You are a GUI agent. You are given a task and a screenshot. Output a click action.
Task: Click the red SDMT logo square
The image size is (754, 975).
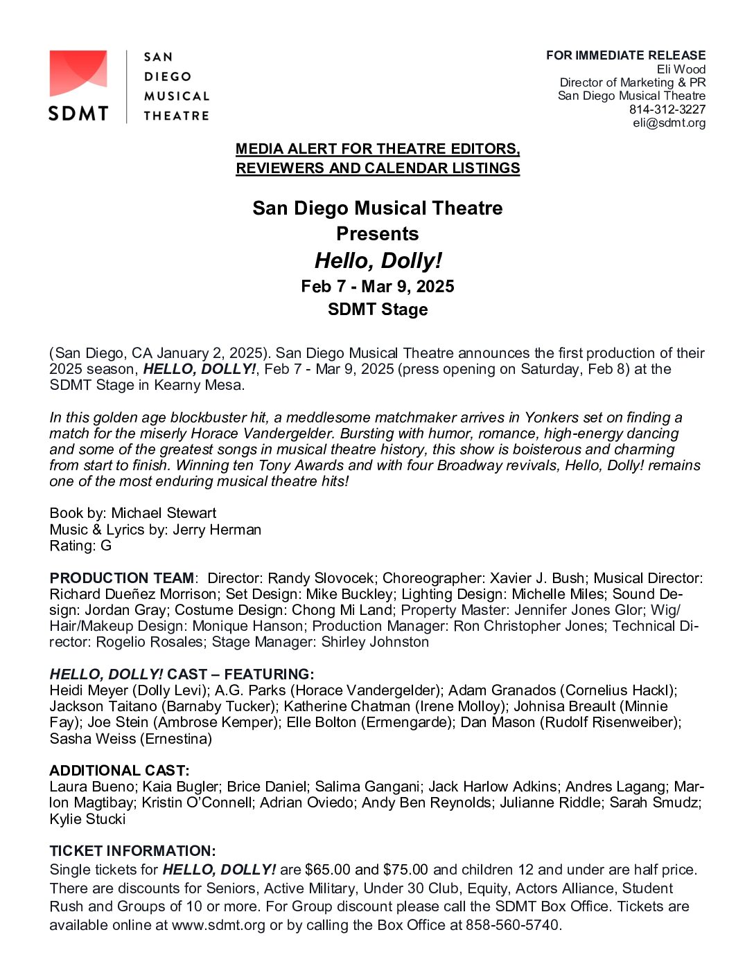[78, 73]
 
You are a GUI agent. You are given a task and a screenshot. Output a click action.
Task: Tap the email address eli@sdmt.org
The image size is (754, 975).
[669, 123]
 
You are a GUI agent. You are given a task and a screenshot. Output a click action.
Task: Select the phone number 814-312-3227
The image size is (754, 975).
[667, 109]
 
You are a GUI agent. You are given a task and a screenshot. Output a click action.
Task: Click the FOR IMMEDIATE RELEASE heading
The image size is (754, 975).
[625, 55]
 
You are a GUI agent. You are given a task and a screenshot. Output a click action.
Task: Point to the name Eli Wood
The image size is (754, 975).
[681, 69]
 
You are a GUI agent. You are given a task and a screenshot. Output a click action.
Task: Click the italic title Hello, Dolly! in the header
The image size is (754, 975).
[378, 260]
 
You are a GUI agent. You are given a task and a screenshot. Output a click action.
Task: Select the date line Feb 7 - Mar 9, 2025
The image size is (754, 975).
[378, 287]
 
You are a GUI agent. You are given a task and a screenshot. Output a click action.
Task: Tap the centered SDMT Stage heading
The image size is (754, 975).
[378, 310]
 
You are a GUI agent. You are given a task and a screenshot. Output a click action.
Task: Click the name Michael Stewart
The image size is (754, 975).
[164, 513]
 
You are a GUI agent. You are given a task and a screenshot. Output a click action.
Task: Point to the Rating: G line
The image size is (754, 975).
[80, 546]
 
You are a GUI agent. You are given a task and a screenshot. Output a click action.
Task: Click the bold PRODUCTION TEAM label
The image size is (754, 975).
[122, 578]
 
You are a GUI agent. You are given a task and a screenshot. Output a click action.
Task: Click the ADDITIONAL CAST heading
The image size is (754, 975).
[119, 771]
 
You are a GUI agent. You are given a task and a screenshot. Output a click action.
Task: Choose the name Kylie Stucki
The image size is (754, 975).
[87, 819]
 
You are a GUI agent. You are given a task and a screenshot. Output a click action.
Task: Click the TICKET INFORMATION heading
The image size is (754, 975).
[132, 851]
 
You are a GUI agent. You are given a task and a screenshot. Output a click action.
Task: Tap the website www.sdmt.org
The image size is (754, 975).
[218, 925]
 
